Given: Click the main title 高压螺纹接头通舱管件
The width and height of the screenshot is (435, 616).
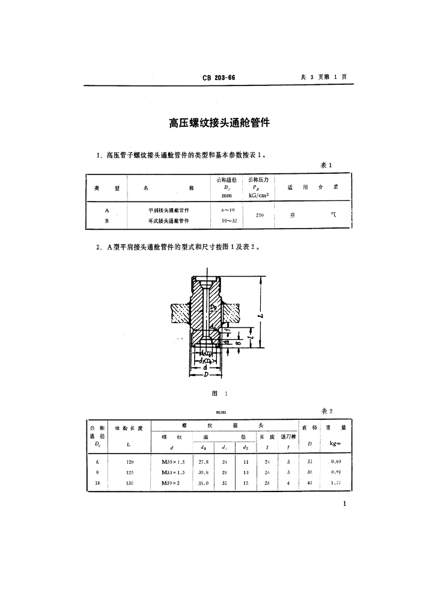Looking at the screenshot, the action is pyautogui.click(x=218, y=124).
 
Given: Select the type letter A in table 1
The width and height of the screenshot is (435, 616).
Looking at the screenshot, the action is pyautogui.click(x=107, y=210).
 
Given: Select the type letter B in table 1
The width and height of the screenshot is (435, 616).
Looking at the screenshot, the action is pyautogui.click(x=107, y=221).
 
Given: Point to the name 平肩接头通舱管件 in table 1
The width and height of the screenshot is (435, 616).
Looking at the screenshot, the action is pyautogui.click(x=169, y=211).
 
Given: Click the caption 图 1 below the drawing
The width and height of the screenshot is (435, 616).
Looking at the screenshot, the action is pyautogui.click(x=218, y=393).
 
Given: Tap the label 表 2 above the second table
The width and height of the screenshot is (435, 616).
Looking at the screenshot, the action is pyautogui.click(x=327, y=411).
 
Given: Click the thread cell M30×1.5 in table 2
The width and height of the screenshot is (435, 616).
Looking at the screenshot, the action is pyautogui.click(x=174, y=461).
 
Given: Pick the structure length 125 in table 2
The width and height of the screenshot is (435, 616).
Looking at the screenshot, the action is pyautogui.click(x=130, y=472).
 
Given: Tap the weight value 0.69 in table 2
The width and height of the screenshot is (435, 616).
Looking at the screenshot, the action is pyautogui.click(x=335, y=461).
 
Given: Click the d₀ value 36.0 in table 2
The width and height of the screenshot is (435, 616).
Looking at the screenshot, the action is pyautogui.click(x=204, y=483).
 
